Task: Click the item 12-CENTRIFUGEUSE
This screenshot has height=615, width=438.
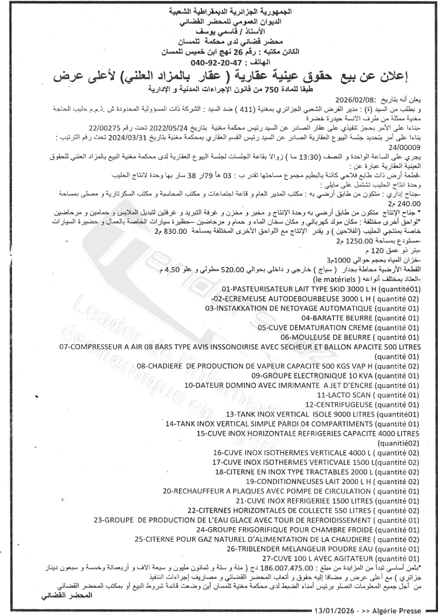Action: click(338, 405)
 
